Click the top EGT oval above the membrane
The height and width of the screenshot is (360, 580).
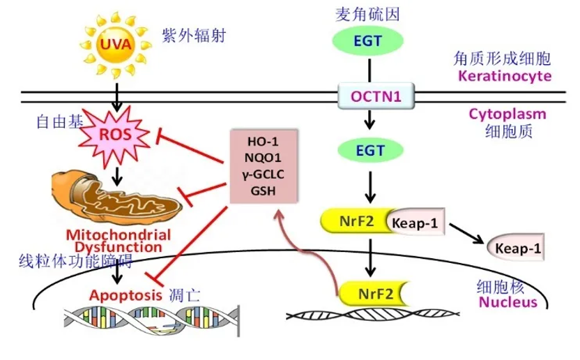(367, 40)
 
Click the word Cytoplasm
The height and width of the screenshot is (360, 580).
(507, 114)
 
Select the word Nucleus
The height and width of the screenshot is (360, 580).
(507, 302)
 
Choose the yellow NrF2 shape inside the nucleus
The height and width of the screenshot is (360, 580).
(372, 292)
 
